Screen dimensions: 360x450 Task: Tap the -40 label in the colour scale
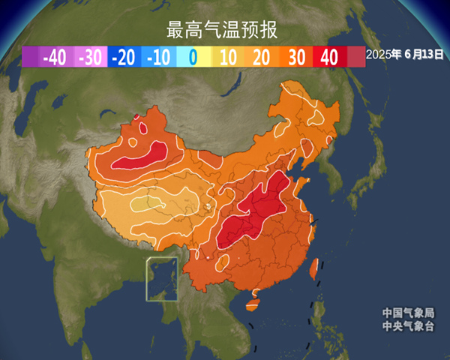[54, 57]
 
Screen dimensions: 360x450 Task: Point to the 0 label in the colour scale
[193, 57]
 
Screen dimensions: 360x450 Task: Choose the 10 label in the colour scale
[228, 57]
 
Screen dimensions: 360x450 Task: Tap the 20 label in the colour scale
[262, 57]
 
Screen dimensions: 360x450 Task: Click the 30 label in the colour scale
[296, 57]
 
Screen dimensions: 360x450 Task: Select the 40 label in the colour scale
[329, 57]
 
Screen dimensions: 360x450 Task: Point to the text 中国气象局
[407, 313]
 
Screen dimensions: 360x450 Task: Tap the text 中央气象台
[407, 325]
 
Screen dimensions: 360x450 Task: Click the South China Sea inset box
[161, 279]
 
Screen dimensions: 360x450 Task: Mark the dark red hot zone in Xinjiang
[142, 155]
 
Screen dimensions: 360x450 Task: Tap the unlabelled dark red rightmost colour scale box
[356, 57]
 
